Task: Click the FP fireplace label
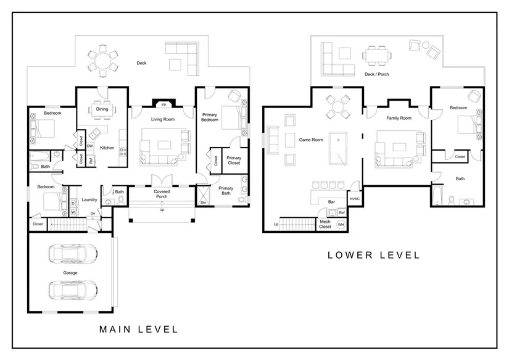pos(163,105)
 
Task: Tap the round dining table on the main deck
pos(103,61)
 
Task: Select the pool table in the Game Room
pos(337,148)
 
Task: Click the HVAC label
pos(355,199)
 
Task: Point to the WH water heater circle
pos(341,225)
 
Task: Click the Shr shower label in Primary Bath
pos(203,203)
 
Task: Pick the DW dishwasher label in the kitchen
pos(90,146)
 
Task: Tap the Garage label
pos(70,273)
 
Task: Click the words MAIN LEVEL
pos(139,330)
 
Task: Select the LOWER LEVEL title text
pos(374,255)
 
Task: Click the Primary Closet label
pos(234,160)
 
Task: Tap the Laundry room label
pos(89,199)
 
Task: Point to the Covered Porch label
pos(162,194)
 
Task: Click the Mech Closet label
pos(325,224)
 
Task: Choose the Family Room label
pos(399,118)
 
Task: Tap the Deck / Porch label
pos(376,74)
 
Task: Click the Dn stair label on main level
pos(93,214)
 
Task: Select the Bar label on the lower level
pos(331,202)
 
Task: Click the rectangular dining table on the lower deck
pos(377,55)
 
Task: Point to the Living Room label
pos(163,119)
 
